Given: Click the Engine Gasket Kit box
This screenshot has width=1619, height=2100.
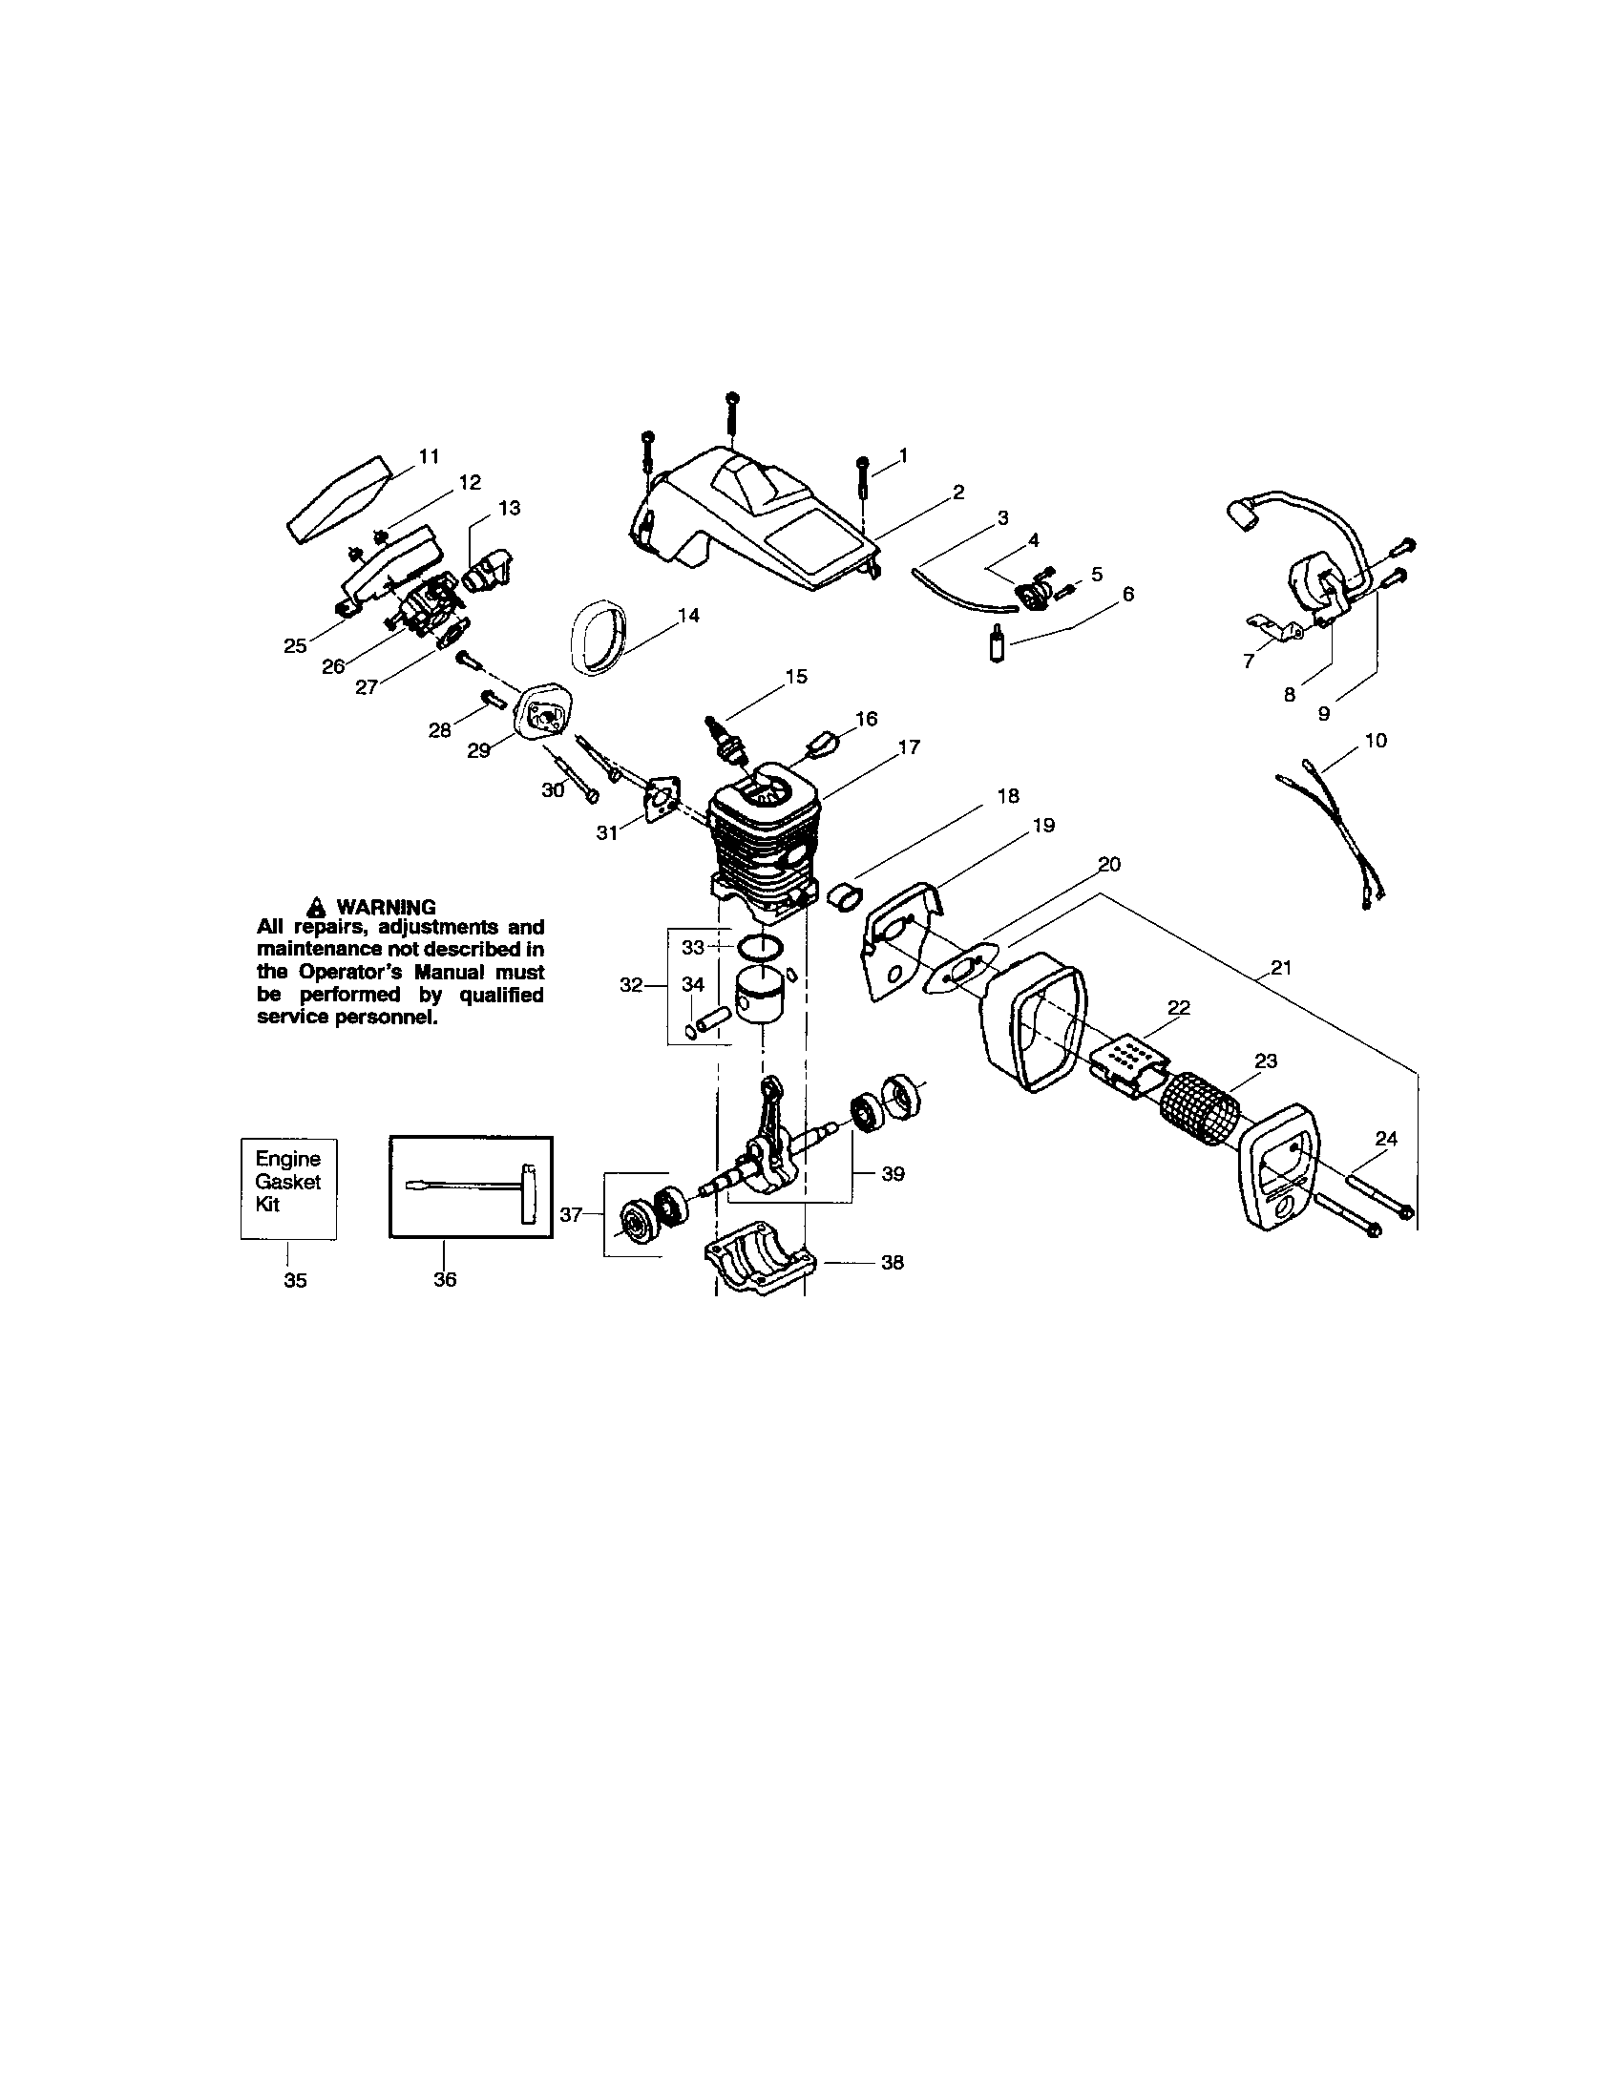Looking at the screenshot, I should (x=287, y=1188).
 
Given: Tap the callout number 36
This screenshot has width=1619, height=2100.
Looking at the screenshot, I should (x=444, y=1279).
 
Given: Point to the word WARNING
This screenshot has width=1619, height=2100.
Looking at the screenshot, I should (x=386, y=907).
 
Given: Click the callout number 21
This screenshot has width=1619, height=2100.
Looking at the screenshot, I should (x=1280, y=967).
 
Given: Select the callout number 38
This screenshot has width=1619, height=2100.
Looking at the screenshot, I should (x=893, y=1263).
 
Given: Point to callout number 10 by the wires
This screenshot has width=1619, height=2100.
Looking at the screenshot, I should (x=1376, y=741).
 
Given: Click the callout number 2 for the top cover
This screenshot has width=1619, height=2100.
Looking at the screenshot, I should (x=958, y=493).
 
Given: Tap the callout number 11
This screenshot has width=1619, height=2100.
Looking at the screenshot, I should (x=429, y=455).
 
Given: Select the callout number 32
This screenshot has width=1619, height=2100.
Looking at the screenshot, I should (x=631, y=985).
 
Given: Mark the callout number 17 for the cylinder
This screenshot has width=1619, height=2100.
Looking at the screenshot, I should (x=909, y=746).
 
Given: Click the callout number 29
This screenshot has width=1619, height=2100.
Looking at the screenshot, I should (x=479, y=750).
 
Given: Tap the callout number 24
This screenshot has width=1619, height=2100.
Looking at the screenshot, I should (x=1385, y=1139).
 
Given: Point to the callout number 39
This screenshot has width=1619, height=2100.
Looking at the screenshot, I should (x=894, y=1174).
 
